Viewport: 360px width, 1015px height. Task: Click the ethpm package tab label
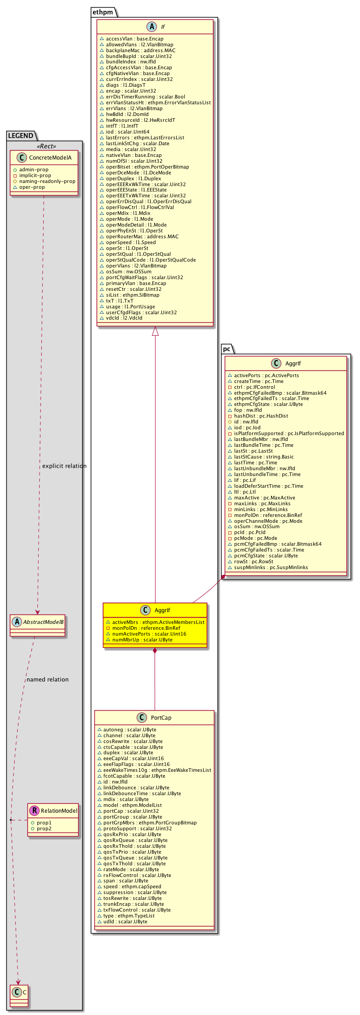(x=102, y=12)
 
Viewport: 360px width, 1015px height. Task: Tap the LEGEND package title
(x=21, y=136)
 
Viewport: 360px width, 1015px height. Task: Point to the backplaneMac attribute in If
(x=140, y=50)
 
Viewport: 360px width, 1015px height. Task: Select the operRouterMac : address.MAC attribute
(x=142, y=236)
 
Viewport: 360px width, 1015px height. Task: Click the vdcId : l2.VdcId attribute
(x=124, y=318)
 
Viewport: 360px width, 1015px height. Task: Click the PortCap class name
(x=161, y=718)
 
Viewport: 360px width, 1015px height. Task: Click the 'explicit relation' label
(x=64, y=466)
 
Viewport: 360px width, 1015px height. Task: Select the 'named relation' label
(x=48, y=680)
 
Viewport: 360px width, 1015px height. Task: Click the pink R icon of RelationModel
(x=34, y=810)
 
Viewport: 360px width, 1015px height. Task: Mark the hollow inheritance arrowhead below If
(x=155, y=331)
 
